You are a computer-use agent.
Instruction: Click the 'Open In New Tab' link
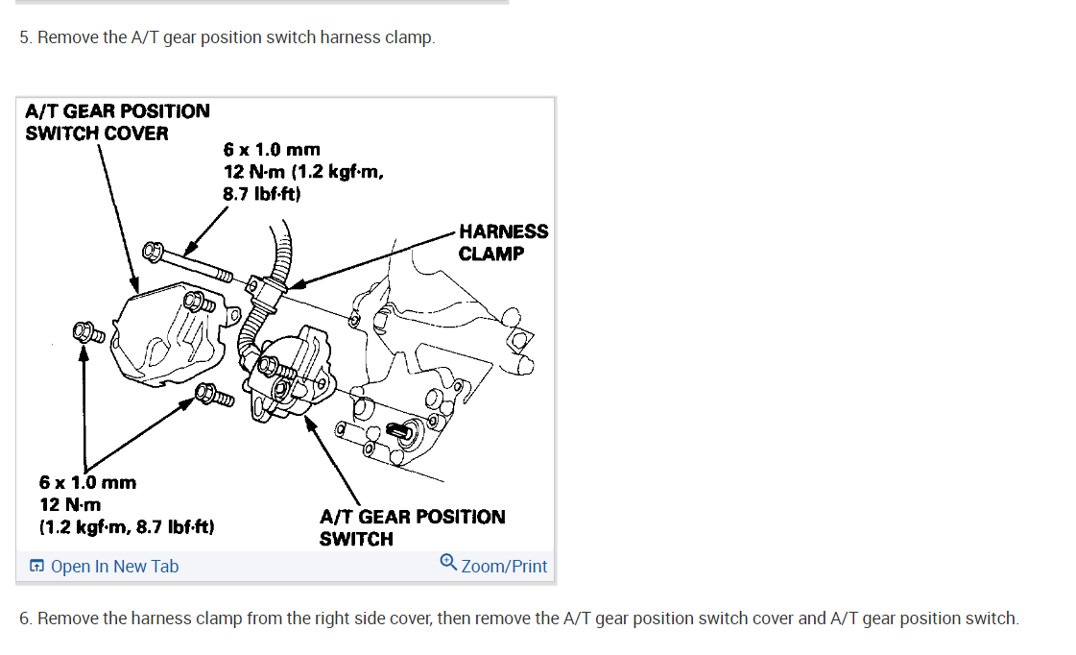[x=113, y=567]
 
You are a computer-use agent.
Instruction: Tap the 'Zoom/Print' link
[x=504, y=567]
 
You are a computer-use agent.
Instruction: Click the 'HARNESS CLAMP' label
[x=503, y=242]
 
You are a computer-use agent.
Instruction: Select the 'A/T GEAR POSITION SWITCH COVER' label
[x=116, y=122]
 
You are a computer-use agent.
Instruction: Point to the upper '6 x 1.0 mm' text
[x=272, y=150]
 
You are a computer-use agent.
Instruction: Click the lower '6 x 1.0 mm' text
[x=87, y=482]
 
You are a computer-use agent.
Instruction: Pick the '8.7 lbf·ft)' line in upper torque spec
[x=262, y=194]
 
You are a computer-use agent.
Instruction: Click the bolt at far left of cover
[x=87, y=333]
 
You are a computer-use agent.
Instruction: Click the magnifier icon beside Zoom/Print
[x=447, y=562]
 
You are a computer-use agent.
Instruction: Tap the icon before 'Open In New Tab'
[x=36, y=567]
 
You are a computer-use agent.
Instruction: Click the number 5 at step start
[x=25, y=37]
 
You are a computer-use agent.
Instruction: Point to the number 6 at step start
[x=25, y=619]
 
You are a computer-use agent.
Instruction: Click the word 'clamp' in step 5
[x=409, y=37]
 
